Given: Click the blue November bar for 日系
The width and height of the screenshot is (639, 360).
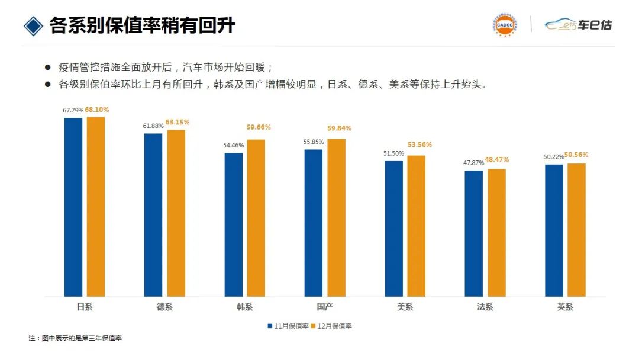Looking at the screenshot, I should coord(73,207).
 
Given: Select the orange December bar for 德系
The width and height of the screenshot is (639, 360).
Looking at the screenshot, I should coord(176,213).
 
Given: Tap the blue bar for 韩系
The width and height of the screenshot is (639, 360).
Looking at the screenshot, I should coord(234,224).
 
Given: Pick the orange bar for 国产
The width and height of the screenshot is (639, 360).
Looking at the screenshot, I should coord(336,218).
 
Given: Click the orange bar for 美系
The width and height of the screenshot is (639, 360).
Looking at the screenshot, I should coord(416,226).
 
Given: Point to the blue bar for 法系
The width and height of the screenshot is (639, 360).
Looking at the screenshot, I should coord(473,233).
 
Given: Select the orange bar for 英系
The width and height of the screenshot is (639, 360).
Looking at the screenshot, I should coord(576,230).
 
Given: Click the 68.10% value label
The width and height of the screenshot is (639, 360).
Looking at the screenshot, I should coord(97,110).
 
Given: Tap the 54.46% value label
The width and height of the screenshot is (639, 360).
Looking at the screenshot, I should coord(234,145).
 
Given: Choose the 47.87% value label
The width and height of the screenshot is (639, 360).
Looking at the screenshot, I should coord(473,163).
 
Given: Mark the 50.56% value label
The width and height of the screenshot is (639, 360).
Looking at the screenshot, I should coord(576,155).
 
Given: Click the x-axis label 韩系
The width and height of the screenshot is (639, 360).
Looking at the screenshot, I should coord(244,307).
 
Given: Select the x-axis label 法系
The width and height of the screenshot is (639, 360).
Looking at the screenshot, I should coord(485,307).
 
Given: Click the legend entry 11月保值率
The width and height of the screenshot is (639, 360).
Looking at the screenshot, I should coord(289,326).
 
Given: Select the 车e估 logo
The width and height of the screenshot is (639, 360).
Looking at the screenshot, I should coord(579,25).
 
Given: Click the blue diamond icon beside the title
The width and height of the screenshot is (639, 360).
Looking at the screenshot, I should coord(34,25).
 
